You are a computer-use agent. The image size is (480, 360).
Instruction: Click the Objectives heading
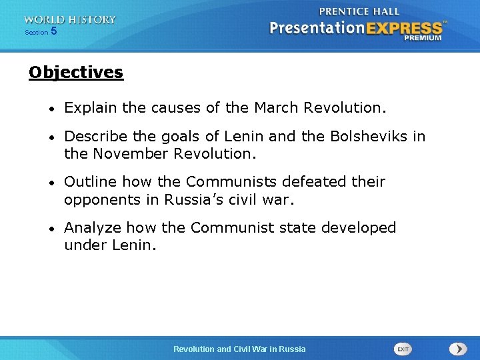pyautogui.click(x=76, y=72)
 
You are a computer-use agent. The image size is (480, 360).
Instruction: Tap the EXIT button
pyautogui.click(x=403, y=349)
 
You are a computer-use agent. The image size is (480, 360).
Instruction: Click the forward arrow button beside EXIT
pyautogui.click(x=457, y=349)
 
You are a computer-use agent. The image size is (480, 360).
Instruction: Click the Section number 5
pyautogui.click(x=53, y=31)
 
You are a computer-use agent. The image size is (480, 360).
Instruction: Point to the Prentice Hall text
pyautogui.click(x=359, y=11)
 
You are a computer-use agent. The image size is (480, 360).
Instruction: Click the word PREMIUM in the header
pyautogui.click(x=422, y=38)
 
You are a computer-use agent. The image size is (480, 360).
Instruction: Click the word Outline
pyautogui.click(x=89, y=182)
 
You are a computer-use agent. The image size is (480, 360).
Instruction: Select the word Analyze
pyautogui.click(x=92, y=228)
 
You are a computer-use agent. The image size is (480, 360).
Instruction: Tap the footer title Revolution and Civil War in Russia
pyautogui.click(x=239, y=349)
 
